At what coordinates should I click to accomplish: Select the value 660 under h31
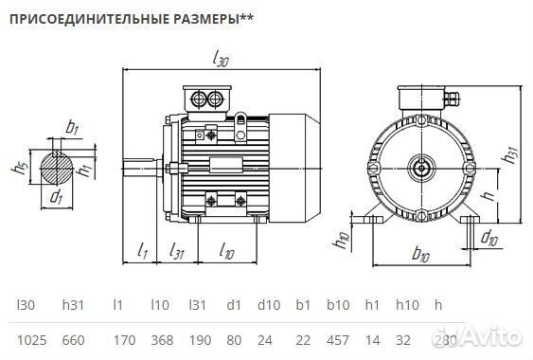[75, 338]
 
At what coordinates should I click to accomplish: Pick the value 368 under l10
[162, 338]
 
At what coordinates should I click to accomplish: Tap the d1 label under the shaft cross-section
[57, 198]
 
